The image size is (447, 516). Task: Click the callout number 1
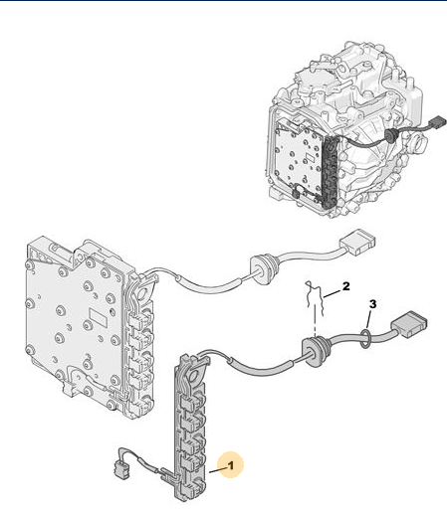click(x=231, y=465)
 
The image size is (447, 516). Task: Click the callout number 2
click(x=346, y=286)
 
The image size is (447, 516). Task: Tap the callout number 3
click(x=373, y=304)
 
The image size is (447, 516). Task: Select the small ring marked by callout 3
click(x=364, y=338)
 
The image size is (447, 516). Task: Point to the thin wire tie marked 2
click(x=315, y=298)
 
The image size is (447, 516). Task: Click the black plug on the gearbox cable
click(x=438, y=123)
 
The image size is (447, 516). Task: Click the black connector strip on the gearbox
click(x=330, y=172)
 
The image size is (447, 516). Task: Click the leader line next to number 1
click(x=217, y=469)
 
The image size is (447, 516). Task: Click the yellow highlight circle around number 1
click(x=231, y=464)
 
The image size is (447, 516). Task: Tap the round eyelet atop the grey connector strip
click(x=195, y=375)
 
